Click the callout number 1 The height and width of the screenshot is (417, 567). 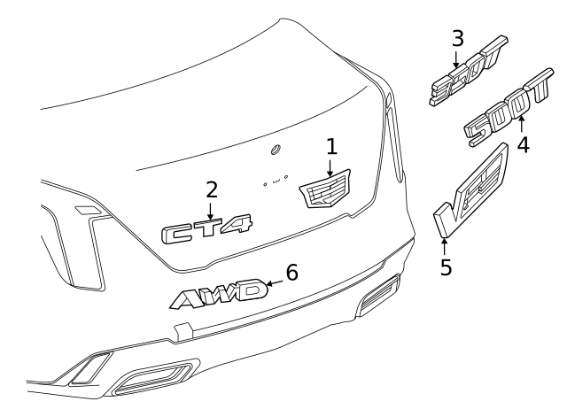[x=332, y=145]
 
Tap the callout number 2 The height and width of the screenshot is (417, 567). [x=211, y=189]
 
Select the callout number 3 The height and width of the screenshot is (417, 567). [x=457, y=38]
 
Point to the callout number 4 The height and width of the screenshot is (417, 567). [x=523, y=143]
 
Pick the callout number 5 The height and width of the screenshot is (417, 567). [x=446, y=266]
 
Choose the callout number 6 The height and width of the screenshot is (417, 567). [x=291, y=272]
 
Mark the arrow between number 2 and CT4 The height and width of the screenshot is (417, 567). [x=211, y=210]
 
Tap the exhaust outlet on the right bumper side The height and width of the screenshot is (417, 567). [x=378, y=294]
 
